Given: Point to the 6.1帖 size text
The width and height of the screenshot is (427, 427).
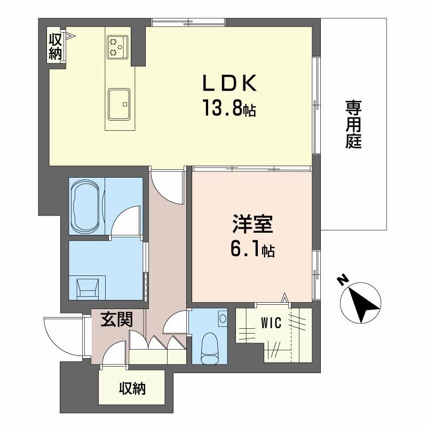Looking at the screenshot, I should [252, 249].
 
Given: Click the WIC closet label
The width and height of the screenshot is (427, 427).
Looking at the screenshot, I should [271, 323].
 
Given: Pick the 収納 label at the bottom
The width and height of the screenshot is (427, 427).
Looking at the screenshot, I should [132, 389].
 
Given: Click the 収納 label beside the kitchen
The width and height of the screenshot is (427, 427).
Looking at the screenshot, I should [56, 46].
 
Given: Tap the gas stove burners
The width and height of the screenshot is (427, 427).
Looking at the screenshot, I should [117, 46].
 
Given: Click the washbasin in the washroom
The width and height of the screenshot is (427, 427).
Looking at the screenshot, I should [89, 288].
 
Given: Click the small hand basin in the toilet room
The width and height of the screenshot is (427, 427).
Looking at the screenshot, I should [222, 318].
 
